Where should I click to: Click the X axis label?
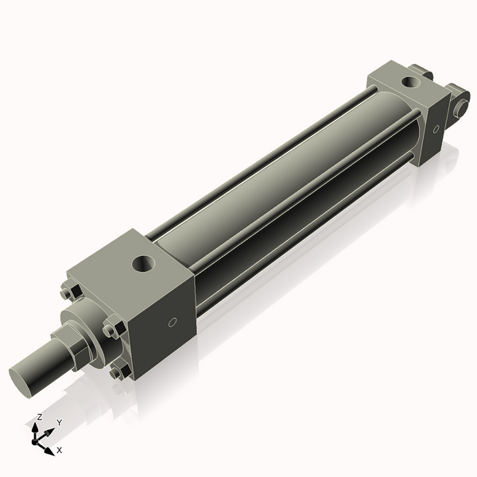[x=60, y=451]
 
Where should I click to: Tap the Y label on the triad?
[x=59, y=423]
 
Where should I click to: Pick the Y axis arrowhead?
[x=51, y=430]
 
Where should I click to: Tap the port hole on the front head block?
[x=145, y=262]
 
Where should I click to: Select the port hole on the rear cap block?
[x=409, y=81]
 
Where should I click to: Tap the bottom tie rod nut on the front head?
[x=119, y=370]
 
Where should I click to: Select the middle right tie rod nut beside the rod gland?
[x=111, y=328]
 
